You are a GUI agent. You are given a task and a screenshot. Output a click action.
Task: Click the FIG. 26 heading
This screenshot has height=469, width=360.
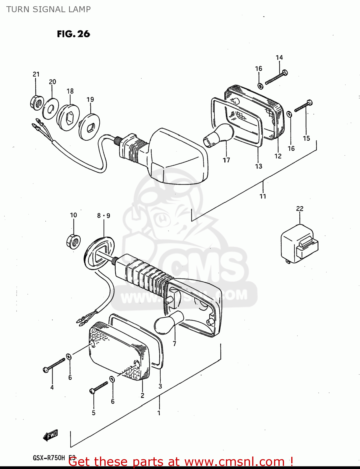(x=73, y=34)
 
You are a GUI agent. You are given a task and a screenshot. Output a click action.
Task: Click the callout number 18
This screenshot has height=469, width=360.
(x=70, y=91)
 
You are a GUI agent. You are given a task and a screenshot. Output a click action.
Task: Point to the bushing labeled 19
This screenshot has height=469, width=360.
(x=89, y=127)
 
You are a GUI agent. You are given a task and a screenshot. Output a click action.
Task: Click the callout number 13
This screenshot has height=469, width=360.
(x=259, y=166)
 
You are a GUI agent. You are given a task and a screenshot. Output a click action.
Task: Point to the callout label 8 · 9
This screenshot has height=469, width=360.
(x=103, y=215)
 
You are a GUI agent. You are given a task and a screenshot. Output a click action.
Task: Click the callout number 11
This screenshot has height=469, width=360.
(x=263, y=196)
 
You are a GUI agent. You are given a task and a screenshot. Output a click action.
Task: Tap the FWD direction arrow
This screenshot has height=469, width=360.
(x=51, y=435)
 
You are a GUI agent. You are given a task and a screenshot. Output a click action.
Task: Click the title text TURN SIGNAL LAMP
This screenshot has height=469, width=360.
(x=48, y=9)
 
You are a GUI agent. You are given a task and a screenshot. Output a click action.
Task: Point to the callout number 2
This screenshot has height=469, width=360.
(x=142, y=396)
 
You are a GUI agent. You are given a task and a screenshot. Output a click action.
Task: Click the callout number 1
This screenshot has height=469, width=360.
(x=159, y=413)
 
